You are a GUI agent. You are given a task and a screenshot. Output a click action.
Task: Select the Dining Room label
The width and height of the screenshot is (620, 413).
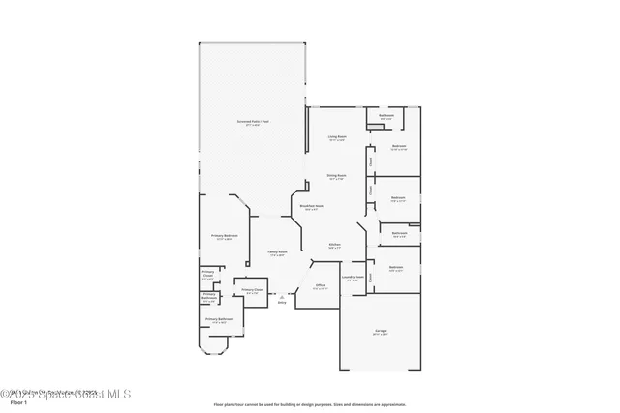[336, 176]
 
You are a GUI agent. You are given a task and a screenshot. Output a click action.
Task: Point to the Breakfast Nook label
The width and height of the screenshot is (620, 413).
[311, 207]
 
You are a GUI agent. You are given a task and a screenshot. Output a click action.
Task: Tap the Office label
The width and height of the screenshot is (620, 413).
[319, 286]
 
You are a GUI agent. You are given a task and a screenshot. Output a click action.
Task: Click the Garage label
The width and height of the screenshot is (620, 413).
[381, 332]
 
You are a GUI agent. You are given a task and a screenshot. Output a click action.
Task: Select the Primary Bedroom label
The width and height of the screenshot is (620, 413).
[225, 236]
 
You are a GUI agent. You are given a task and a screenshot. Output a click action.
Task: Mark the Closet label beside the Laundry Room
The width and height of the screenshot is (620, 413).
[370, 276]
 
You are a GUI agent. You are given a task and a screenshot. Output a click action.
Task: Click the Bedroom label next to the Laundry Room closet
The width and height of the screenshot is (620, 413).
[396, 268]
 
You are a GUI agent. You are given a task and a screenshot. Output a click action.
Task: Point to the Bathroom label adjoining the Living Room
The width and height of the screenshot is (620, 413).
[386, 116]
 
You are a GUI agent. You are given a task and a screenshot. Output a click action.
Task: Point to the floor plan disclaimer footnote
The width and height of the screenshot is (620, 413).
[309, 403]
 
